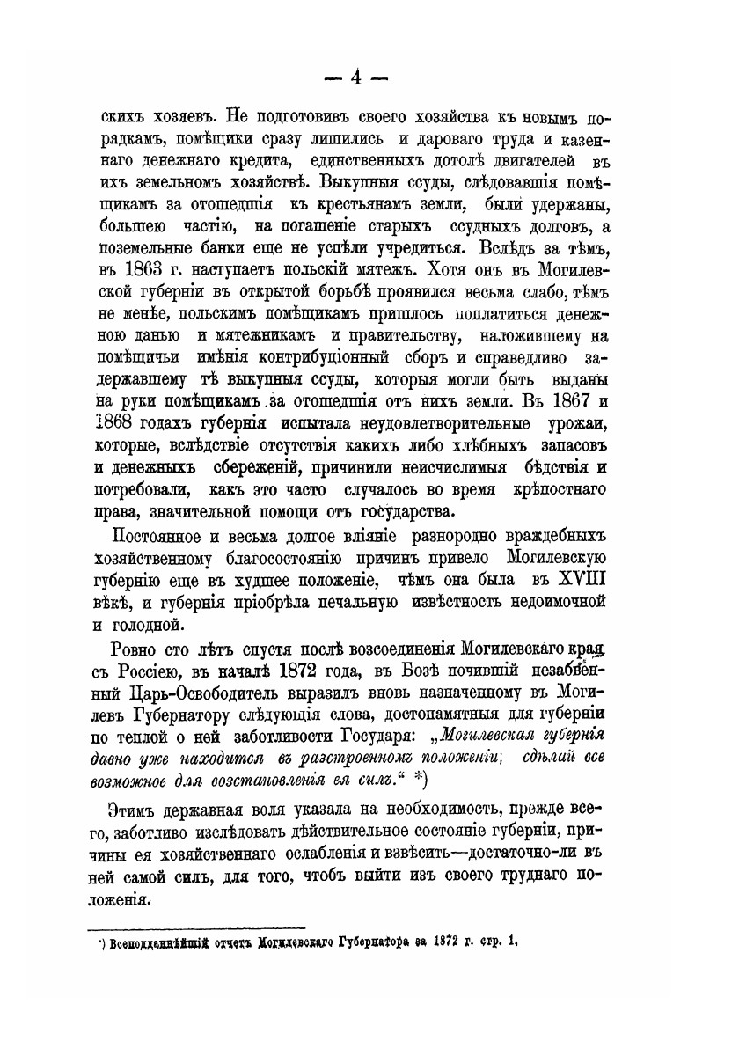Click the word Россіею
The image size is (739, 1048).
149,672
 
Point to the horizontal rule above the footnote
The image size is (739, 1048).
198,927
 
